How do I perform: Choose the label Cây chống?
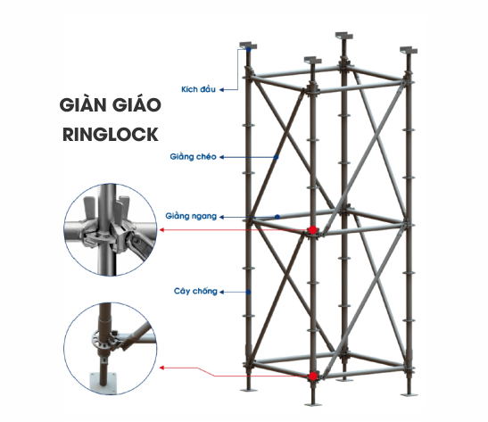pyautogui.click(x=194, y=291)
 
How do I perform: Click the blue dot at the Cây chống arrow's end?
pyautogui.click(x=249, y=292)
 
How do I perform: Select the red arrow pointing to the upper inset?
pyautogui.click(x=232, y=230)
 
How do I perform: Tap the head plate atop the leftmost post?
pyautogui.click(x=249, y=43)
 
